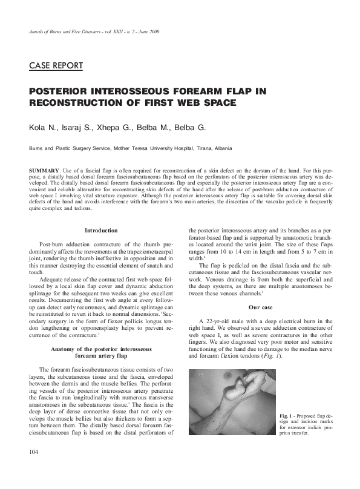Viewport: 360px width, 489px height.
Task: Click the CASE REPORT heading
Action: (56, 65)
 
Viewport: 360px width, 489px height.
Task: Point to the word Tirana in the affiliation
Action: (205, 148)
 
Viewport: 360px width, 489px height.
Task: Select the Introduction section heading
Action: (101, 230)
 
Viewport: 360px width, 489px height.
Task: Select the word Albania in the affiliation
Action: (222, 148)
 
